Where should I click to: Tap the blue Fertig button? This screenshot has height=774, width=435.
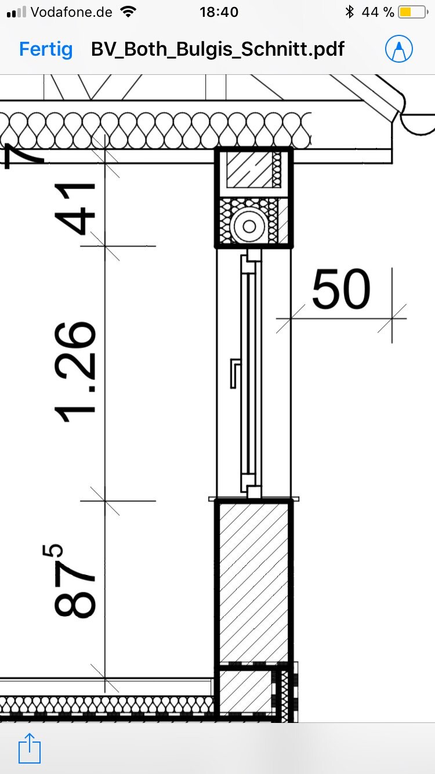point(46,49)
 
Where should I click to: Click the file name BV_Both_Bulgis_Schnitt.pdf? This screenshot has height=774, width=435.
point(217,49)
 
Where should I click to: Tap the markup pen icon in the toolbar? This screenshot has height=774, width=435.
point(398,48)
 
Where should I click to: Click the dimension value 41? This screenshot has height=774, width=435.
point(75,209)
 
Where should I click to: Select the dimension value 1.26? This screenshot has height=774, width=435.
point(75,372)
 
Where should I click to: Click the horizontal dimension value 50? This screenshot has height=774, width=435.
point(341,289)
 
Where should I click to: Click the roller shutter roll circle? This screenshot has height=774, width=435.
point(249,227)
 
